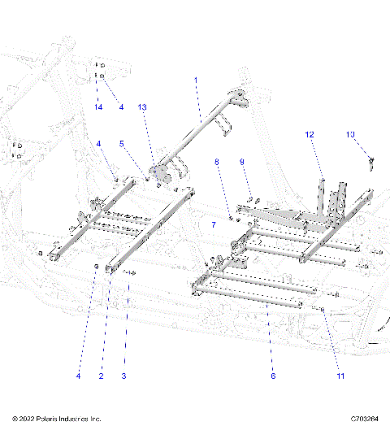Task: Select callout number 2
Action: point(101,376)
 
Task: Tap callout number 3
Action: point(123,376)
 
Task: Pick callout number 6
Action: point(273,376)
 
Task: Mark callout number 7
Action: point(214,224)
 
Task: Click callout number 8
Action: point(217,163)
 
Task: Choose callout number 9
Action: point(241,163)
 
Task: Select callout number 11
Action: point(341,376)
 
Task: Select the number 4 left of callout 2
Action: point(79,376)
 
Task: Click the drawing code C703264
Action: point(366,419)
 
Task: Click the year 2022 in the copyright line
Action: point(28,419)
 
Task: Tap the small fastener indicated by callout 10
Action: point(370,162)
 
